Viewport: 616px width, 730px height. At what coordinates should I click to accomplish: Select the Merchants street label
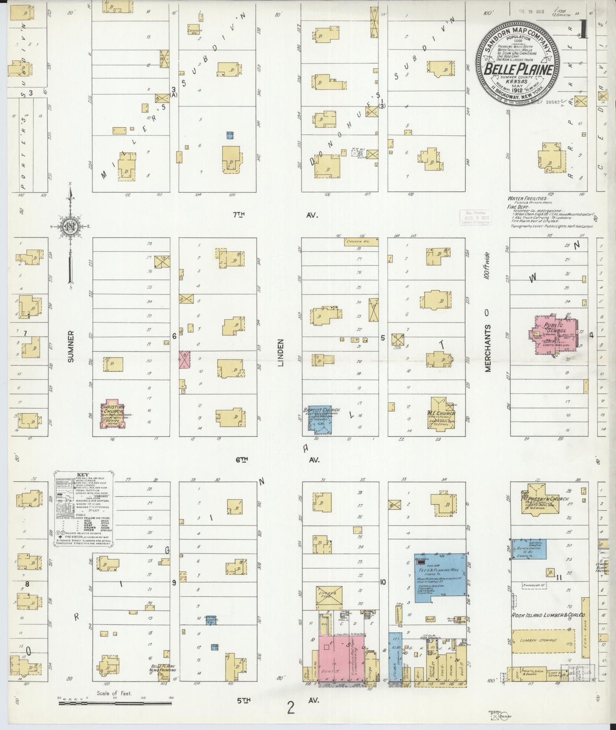(488, 347)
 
